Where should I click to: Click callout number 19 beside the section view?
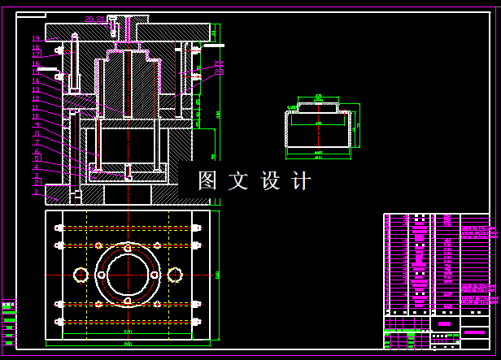point(36,38)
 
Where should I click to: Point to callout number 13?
point(36,89)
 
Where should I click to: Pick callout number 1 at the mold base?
point(36,193)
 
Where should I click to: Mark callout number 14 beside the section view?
point(36,81)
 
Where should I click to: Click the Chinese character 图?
point(207,180)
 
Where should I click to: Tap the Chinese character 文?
point(238,180)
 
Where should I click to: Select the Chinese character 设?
point(269,180)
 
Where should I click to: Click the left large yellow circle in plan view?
point(81,275)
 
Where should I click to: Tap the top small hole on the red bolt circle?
point(128,245)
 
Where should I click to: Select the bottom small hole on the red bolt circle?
point(128,304)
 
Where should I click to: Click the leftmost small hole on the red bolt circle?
point(99,275)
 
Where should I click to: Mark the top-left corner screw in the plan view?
point(59,228)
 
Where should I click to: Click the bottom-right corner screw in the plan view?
point(196,322)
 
